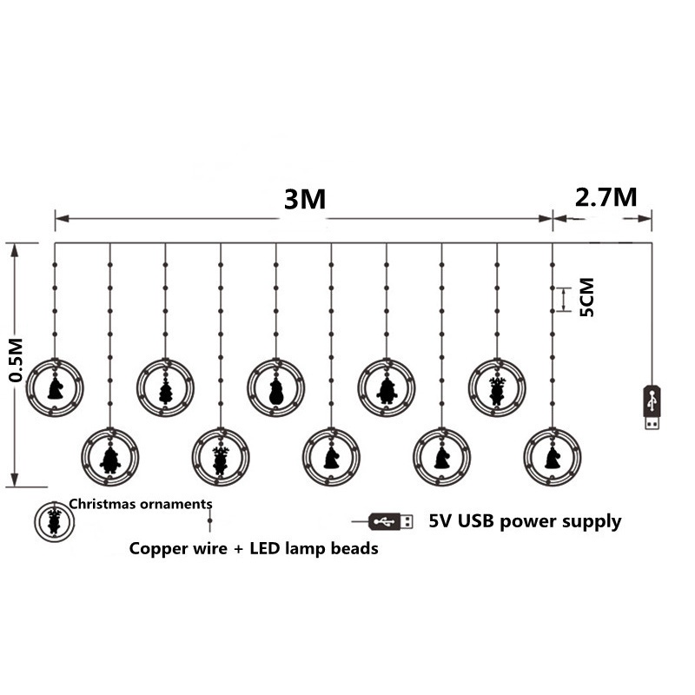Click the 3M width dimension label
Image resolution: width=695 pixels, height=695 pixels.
pos(304,200)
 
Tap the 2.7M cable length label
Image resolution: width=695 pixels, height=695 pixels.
pos(606,196)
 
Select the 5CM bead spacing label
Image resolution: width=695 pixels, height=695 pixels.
pos(587,297)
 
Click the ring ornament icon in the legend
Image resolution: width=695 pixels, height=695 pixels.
pos(54,520)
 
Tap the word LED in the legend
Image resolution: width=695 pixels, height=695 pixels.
pos(259,549)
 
